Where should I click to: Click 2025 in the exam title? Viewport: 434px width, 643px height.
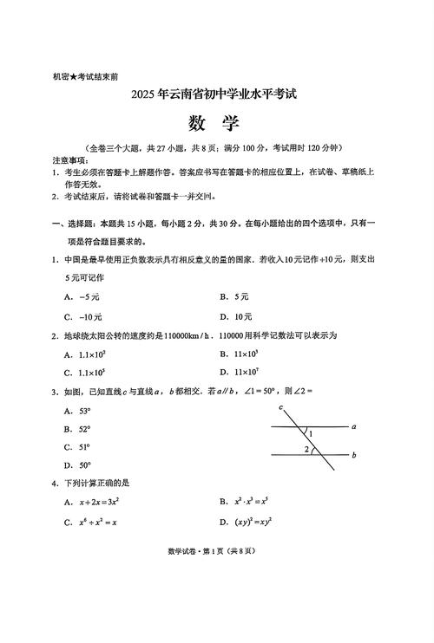[148, 95]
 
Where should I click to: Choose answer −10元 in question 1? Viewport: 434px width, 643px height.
[91, 317]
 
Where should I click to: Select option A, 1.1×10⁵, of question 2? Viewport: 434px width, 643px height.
[91, 354]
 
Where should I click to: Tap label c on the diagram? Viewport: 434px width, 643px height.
[281, 406]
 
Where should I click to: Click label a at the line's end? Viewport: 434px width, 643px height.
[354, 426]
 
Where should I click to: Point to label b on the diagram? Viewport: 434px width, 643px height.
[354, 454]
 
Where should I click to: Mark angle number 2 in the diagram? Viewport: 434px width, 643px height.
[306, 449]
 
